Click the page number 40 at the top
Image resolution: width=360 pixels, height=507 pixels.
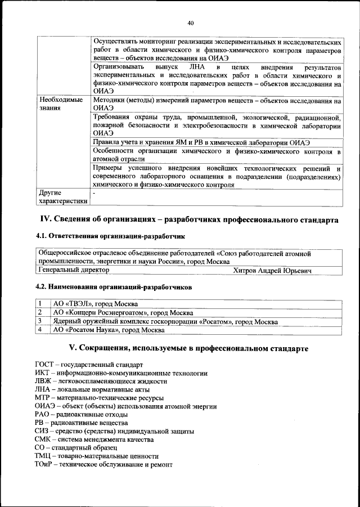pyautogui.click(x=191, y=23)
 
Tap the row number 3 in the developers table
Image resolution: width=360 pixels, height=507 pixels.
pyautogui.click(x=40, y=321)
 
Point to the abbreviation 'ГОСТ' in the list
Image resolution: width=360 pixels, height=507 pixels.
pyautogui.click(x=45, y=365)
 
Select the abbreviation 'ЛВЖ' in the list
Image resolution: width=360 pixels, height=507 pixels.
pyautogui.click(x=44, y=381)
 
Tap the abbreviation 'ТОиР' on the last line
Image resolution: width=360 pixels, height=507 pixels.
pyautogui.click(x=45, y=464)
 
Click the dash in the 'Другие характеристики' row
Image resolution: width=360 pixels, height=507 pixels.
pyautogui.click(x=94, y=193)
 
